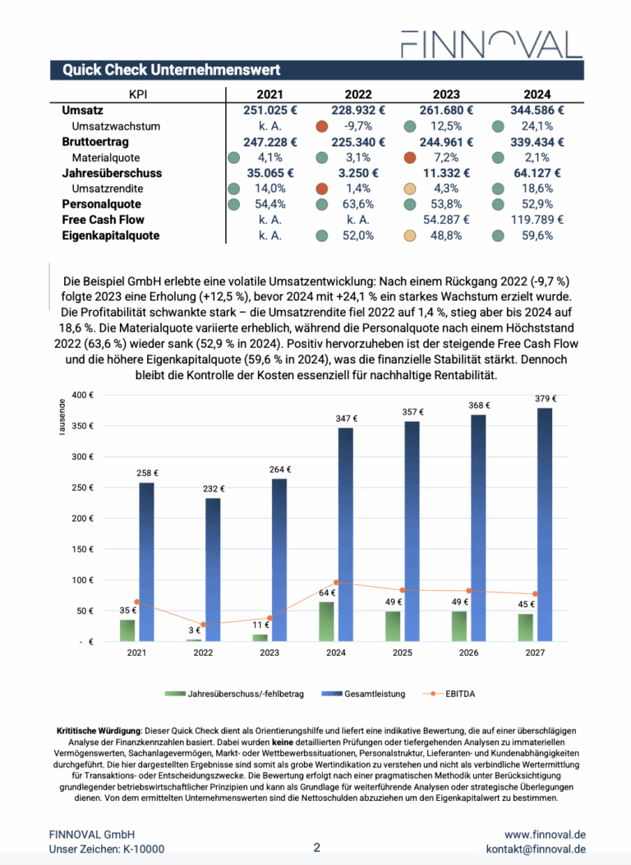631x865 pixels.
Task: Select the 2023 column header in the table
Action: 445,94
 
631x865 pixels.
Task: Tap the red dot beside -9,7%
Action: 322,126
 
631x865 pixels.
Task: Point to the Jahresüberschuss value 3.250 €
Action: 355,173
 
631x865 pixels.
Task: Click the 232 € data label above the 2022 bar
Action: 214,489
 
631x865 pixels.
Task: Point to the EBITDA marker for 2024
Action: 336,583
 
